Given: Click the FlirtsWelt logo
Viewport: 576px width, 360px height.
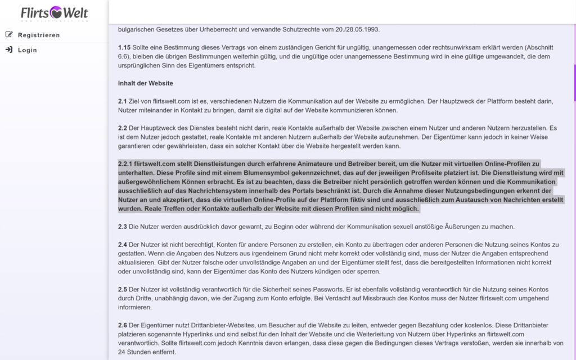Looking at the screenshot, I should click(54, 12).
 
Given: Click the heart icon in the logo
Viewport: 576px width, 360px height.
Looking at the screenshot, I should click(56, 12).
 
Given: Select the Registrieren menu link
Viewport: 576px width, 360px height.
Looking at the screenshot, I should click(39, 35).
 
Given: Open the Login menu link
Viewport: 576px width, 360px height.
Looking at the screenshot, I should click(27, 50).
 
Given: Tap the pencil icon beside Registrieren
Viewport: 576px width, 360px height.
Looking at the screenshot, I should click(9, 34).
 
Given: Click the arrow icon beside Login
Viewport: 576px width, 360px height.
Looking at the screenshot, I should click(9, 49).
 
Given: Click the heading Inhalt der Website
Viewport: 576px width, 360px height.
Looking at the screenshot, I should click(145, 83).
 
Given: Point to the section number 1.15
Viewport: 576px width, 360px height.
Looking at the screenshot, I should click(125, 47).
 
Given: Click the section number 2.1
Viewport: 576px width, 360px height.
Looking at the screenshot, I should click(123, 101).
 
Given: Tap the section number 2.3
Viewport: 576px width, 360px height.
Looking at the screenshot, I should click(123, 227).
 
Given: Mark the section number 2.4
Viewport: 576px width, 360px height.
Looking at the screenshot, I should click(123, 245).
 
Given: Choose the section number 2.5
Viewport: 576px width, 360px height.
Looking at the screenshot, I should click(123, 289).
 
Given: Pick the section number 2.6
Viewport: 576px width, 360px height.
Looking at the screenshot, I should click(123, 326).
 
